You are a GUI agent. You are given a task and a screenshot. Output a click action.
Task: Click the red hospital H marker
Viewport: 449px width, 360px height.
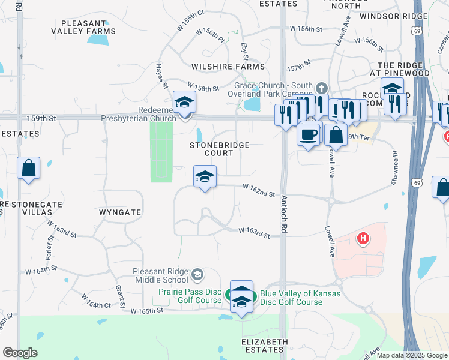pos(363,239)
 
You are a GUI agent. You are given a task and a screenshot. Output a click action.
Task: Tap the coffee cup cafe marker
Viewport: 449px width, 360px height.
pos(309,134)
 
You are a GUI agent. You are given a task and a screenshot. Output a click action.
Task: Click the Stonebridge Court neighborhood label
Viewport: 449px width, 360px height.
pos(211,149)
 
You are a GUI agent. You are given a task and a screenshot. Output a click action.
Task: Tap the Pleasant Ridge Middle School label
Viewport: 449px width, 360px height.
pos(160,275)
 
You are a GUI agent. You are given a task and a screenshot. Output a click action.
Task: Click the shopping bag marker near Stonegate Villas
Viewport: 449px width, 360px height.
pos(29,169)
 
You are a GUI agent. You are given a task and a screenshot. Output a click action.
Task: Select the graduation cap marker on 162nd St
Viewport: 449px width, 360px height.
pos(205,177)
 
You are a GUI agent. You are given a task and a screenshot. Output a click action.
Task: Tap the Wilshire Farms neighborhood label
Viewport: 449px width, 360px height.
pos(228,67)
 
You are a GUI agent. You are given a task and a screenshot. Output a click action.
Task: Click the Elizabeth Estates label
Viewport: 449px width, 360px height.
pos(264,346)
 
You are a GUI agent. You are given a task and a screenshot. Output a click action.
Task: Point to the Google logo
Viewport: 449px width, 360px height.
pos(20,353)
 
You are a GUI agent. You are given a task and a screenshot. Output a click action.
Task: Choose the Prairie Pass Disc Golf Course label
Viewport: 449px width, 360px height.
pos(190,296)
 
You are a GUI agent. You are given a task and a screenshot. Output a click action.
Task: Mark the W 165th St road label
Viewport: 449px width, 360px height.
pos(147,310)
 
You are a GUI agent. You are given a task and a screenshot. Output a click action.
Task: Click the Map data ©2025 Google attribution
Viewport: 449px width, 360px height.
pos(411,355)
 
